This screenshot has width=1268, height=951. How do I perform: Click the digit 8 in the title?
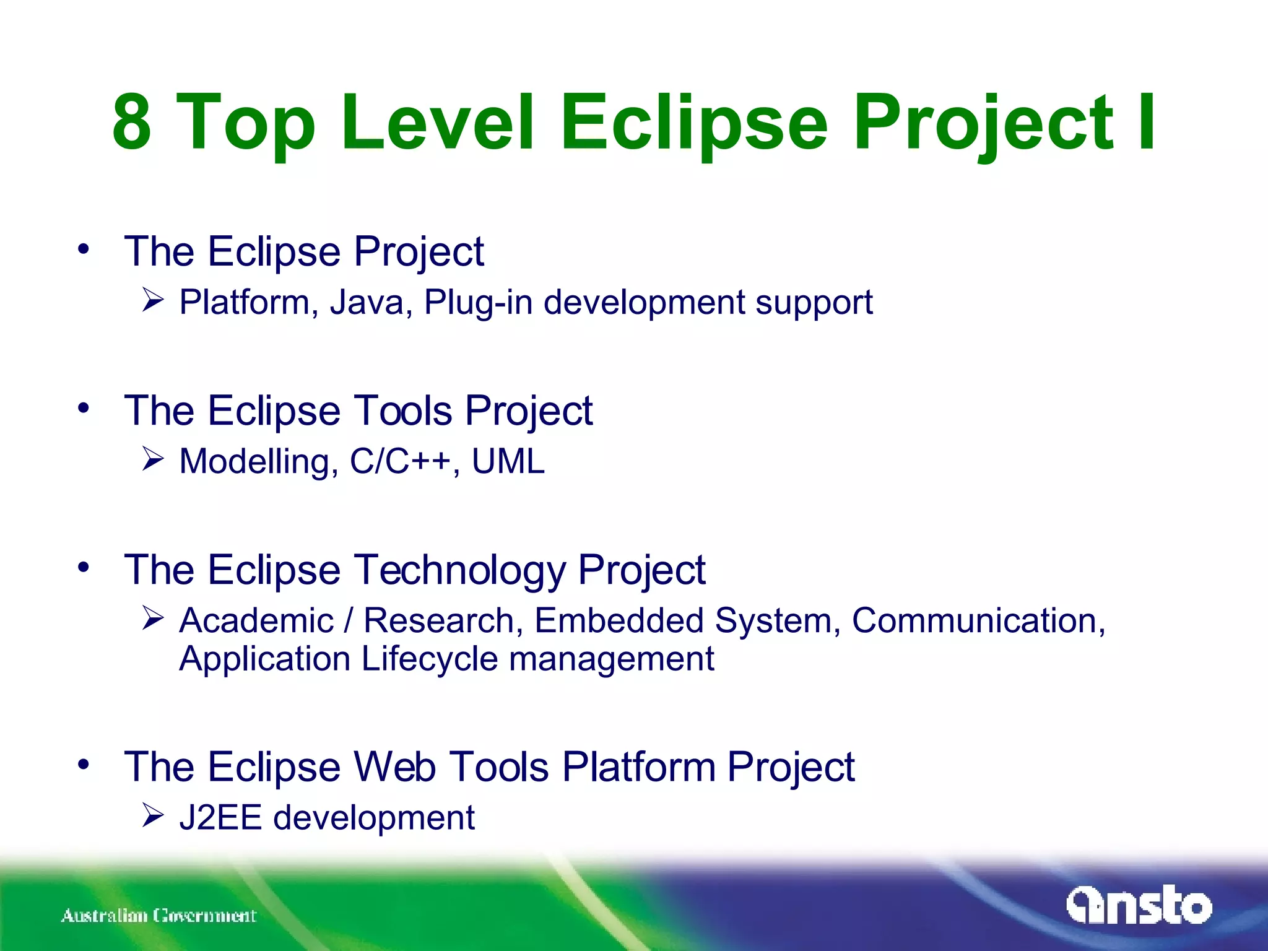pyautogui.click(x=132, y=122)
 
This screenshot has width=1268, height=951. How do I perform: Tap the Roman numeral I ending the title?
pyautogui.click(x=1145, y=122)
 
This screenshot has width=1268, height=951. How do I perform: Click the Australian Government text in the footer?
pyautogui.click(x=158, y=916)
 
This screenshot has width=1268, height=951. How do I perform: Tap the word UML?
pyautogui.click(x=508, y=462)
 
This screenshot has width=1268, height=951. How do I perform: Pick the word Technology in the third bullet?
pyautogui.click(x=459, y=570)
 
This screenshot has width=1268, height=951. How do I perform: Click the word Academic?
pyautogui.click(x=256, y=621)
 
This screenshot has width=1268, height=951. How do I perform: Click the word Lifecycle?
pyautogui.click(x=429, y=659)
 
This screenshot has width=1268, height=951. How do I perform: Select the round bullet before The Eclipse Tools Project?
pyautogui.click(x=84, y=409)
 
